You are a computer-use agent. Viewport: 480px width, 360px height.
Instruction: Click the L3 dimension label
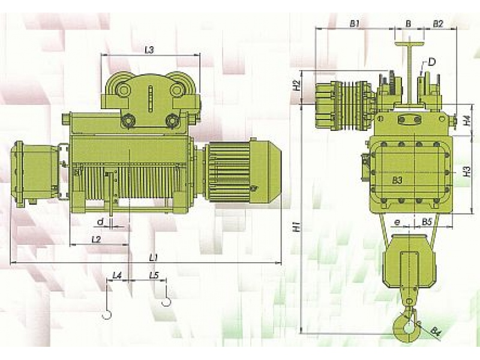149,50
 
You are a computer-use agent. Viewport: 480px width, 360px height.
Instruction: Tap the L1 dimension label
154,257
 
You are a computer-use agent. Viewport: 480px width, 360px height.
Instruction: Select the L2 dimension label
96,239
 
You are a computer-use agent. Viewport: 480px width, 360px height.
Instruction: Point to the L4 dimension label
117,275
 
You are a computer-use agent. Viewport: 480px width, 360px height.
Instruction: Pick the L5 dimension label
154,275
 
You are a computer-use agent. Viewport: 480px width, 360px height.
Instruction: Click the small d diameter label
100,221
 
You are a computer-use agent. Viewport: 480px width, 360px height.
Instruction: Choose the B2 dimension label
438,23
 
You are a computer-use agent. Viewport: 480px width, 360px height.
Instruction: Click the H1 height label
296,227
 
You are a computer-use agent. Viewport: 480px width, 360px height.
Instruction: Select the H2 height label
296,85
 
